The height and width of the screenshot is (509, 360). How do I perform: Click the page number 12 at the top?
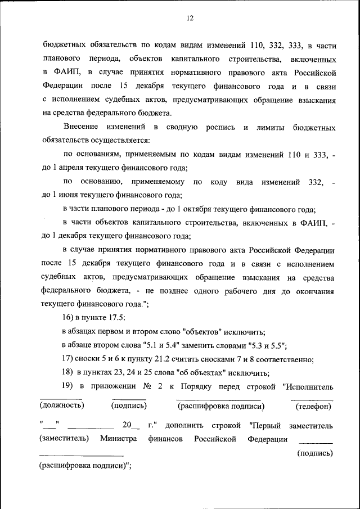click(190, 18)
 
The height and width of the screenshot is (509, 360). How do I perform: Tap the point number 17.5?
click(115, 318)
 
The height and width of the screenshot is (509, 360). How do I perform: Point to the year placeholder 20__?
click(130, 425)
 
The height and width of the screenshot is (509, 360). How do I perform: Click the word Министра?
click(119, 439)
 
